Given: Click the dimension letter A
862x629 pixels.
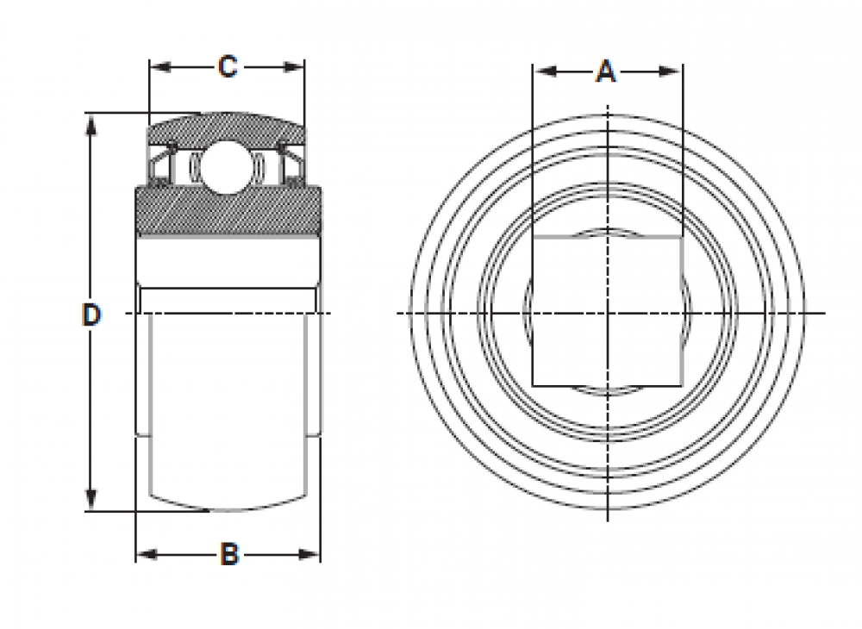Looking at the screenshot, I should [x=607, y=72].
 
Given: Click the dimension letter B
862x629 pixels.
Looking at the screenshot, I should [x=228, y=555].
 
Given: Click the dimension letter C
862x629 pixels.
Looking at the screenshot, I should [x=227, y=66].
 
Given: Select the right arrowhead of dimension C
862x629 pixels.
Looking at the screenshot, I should [x=297, y=66].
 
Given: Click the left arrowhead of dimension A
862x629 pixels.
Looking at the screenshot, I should [x=541, y=72].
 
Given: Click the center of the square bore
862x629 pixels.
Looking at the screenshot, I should [x=608, y=311].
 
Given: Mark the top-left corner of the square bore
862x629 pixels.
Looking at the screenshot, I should [x=533, y=236].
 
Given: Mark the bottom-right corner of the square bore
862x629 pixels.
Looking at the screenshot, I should [x=683, y=385].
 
